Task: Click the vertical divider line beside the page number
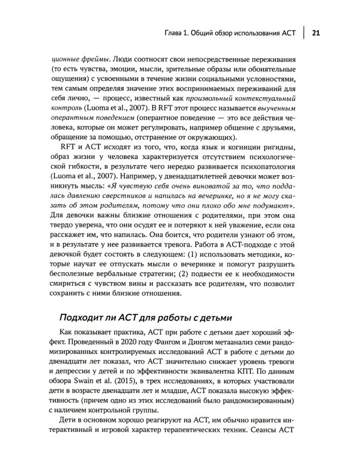(x=303, y=34)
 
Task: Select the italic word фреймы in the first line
(x=93, y=59)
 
